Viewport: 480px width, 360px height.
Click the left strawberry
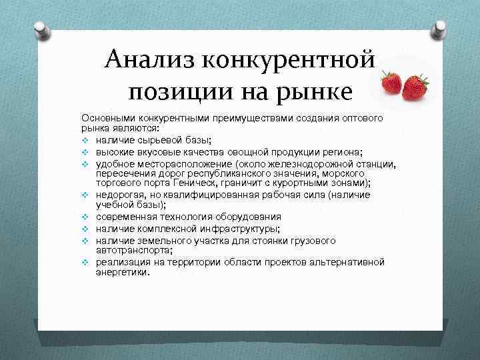(x=391, y=84)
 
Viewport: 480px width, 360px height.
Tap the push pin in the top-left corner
(x=41, y=30)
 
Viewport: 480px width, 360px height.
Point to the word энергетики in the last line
(x=121, y=272)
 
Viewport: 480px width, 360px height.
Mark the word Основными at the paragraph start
(x=106, y=117)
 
